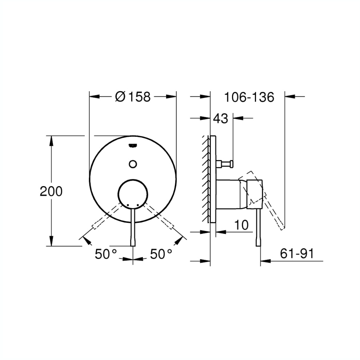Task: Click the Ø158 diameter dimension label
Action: click(x=133, y=97)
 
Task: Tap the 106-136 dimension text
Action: click(x=249, y=97)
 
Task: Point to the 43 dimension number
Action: click(x=221, y=119)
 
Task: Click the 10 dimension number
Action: click(x=241, y=225)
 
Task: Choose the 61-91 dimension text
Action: click(x=297, y=254)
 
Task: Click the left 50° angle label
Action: click(x=106, y=254)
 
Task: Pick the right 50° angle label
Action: click(x=161, y=254)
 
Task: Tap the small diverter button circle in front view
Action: click(x=133, y=164)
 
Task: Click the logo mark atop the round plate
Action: click(x=133, y=145)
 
